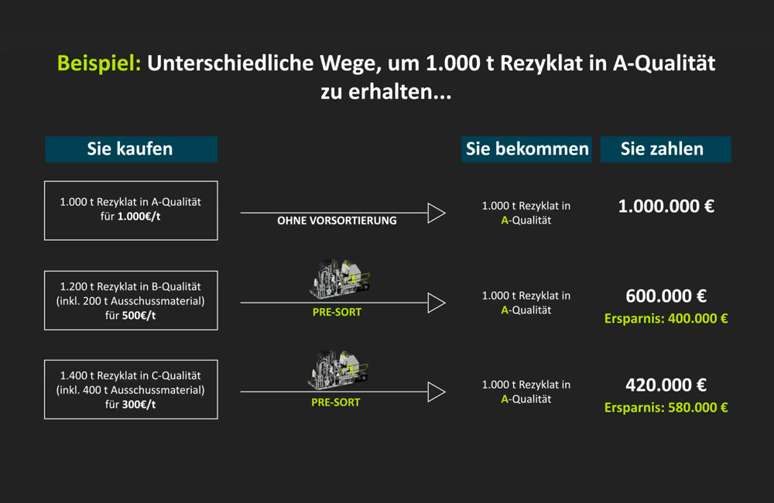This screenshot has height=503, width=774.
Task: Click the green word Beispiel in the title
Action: point(99,63)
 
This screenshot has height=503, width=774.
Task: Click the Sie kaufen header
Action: point(131,149)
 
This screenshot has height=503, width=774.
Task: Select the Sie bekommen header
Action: point(526,149)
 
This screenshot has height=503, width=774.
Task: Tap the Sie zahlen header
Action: point(666,149)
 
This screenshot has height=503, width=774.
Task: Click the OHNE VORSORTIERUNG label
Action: point(337,221)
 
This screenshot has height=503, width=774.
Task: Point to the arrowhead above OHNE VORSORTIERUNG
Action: point(437,213)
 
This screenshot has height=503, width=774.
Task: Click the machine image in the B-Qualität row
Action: point(340,279)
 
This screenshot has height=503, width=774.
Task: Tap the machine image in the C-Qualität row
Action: point(338,370)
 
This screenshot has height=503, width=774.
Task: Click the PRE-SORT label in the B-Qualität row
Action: point(337,312)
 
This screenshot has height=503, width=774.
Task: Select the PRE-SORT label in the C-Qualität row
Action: point(336,402)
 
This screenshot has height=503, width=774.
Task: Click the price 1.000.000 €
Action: point(666,207)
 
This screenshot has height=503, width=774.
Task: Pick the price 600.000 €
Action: point(666,296)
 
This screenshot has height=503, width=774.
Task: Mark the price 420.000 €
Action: point(666,385)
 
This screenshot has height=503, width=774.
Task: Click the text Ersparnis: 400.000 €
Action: point(666,319)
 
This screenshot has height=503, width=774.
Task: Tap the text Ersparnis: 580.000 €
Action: point(666,408)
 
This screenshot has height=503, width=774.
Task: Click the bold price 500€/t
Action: point(139,316)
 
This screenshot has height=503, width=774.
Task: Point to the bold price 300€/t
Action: point(139,405)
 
